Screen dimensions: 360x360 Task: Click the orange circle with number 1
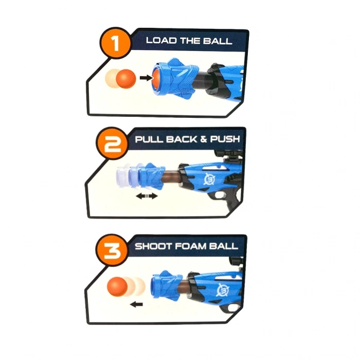point(116,43)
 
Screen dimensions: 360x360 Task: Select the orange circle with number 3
point(112,250)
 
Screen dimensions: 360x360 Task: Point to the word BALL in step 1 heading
point(217,41)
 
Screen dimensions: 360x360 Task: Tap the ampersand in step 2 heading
point(203,139)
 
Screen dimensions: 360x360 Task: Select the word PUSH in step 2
point(225,139)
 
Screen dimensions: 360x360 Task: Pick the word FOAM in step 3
point(189,246)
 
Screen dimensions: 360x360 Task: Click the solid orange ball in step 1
point(126,79)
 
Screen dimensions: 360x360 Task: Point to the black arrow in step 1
point(146,78)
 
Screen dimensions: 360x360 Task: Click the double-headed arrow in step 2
point(147,196)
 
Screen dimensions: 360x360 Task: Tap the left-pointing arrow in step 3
point(136,304)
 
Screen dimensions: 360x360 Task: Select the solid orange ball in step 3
point(117,286)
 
